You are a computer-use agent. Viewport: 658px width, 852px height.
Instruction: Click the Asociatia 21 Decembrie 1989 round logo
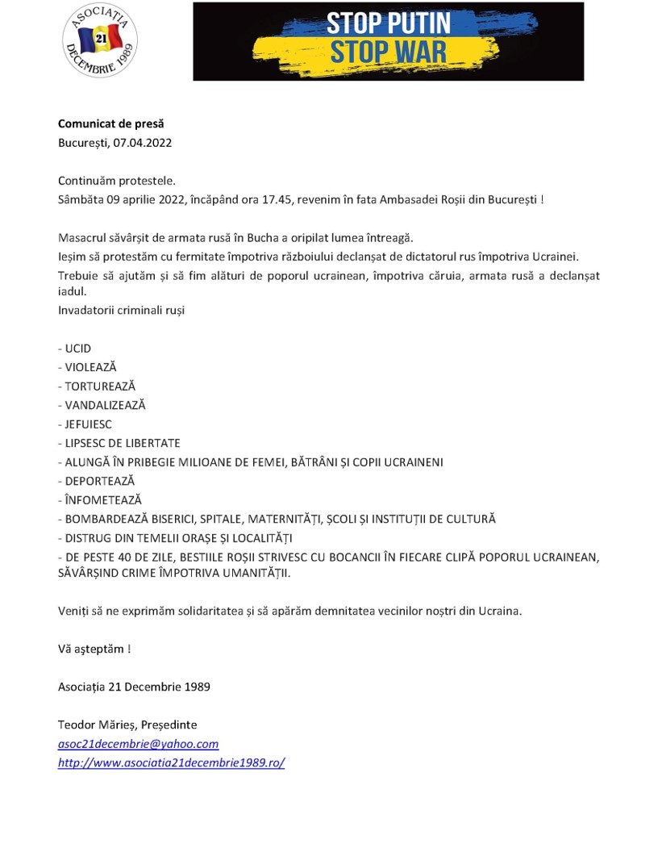coord(100,40)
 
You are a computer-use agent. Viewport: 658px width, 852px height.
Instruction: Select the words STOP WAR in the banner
coord(388,53)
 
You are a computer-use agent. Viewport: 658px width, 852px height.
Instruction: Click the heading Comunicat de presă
coord(110,123)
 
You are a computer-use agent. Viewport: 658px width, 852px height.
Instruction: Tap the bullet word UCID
coord(77,349)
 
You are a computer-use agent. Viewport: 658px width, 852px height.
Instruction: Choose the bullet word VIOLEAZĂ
coord(90,367)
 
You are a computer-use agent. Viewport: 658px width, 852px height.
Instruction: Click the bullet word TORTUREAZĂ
coord(100,386)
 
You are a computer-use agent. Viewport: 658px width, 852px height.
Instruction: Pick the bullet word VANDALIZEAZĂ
coord(105,405)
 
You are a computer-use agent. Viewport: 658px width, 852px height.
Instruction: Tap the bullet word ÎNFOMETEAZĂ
coord(103,500)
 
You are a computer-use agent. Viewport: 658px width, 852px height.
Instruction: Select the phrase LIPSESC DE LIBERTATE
coord(123,443)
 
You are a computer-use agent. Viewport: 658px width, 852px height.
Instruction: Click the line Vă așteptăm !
coord(94,649)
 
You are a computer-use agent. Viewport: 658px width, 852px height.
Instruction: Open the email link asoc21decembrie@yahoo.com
coord(138,744)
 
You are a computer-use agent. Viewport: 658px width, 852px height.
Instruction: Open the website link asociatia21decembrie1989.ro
coord(171,762)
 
